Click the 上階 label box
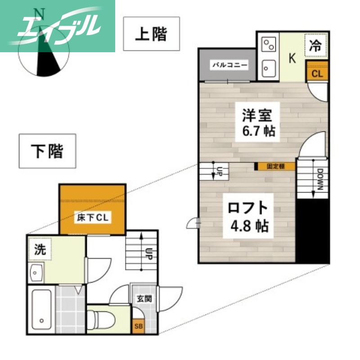[x=151, y=35]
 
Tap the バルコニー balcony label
[x=229, y=65]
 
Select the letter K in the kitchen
[x=292, y=58]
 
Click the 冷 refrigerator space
[x=317, y=45]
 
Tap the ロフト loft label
[x=248, y=208]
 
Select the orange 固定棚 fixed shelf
[x=276, y=166]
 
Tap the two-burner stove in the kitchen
[x=269, y=45]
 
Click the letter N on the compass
[x=40, y=13]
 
